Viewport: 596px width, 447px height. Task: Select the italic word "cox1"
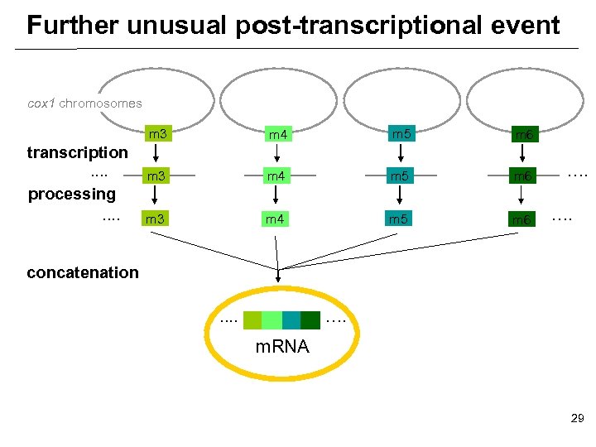click(41, 103)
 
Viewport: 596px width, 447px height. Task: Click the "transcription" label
click(77, 152)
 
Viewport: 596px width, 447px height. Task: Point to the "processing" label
click(72, 195)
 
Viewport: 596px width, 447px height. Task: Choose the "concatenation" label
click(83, 272)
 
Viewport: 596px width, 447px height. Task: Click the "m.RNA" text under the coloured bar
click(282, 347)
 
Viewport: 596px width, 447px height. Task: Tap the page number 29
click(577, 420)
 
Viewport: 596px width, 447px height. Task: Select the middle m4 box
click(276, 175)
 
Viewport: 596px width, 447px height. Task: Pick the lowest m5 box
click(400, 219)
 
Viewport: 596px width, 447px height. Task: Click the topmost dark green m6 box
click(523, 134)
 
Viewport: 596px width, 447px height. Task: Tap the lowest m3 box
click(154, 219)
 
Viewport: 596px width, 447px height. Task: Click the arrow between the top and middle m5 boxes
click(400, 154)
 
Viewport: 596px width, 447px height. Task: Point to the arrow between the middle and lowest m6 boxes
click(521, 197)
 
